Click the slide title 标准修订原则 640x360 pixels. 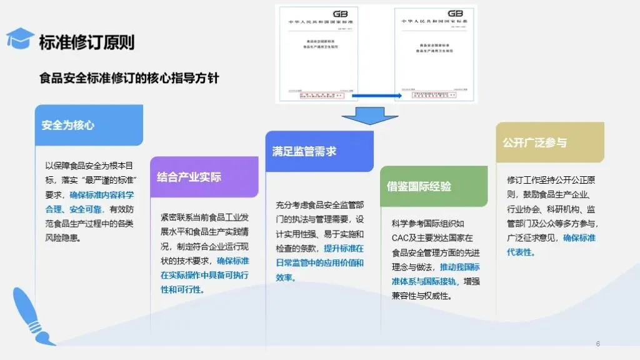coord(86,42)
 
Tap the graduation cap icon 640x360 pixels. coord(19,38)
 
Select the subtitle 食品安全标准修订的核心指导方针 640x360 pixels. coord(129,79)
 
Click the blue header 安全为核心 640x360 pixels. coord(68,125)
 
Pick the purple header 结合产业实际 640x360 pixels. coord(189,177)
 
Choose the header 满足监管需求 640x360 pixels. coord(304,151)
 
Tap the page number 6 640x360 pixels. coord(598,344)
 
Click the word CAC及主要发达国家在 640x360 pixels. coord(432,238)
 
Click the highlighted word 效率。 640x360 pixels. coord(286,277)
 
